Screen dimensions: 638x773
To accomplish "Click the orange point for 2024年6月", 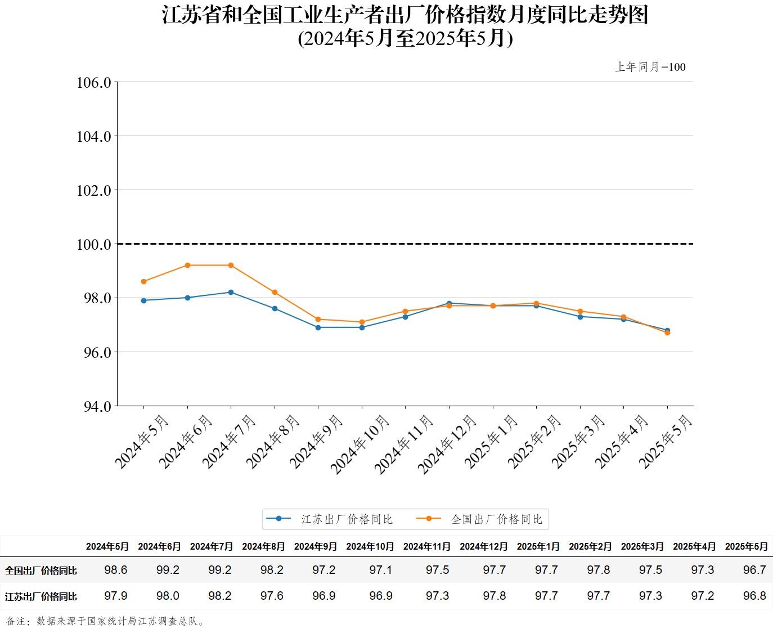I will click(187, 265).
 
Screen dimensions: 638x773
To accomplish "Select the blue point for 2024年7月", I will click(231, 292).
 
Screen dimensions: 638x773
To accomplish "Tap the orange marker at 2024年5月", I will click(144, 281).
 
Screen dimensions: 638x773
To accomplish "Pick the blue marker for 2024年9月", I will click(318, 327).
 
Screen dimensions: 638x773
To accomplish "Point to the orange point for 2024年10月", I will click(362, 322).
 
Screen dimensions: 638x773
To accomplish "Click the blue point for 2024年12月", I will click(449, 303).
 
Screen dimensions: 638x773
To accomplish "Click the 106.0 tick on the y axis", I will click(94, 83).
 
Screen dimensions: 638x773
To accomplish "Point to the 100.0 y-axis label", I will click(94, 244).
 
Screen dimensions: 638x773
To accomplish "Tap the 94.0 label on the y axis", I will click(94, 406).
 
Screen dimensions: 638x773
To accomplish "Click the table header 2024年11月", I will click(427, 546).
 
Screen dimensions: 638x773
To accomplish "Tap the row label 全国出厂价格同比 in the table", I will click(41, 570).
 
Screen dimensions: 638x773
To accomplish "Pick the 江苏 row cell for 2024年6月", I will click(168, 596).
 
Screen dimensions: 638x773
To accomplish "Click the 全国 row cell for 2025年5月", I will click(754, 570).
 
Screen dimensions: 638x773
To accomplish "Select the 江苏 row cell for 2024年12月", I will click(494, 596).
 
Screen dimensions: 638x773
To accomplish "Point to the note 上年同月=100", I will click(650, 67).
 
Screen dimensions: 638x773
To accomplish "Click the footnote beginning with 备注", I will click(106, 621).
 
